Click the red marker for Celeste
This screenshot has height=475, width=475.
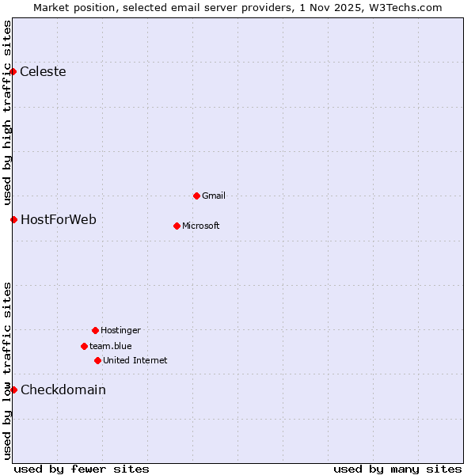coord(13,71)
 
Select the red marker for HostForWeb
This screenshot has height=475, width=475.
coord(13,219)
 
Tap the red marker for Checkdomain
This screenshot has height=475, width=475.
coord(13,389)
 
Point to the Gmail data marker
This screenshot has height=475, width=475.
coord(196,196)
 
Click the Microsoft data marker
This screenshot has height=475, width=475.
coord(177,226)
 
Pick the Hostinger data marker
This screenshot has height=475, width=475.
coord(95,330)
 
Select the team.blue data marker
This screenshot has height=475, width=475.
coord(84,346)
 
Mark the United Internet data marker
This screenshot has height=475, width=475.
coord(97,360)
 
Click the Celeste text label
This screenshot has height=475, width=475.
coord(43,72)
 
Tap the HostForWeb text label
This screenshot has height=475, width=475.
coord(59,219)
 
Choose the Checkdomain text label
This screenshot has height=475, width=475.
coord(63,389)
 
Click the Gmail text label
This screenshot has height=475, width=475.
coord(214,196)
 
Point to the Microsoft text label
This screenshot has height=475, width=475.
coord(201,226)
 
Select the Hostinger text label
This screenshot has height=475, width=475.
coord(120,330)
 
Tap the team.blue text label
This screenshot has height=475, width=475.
coord(111,346)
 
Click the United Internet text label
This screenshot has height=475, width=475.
coord(135,360)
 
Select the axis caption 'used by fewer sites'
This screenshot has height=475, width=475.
coord(82,469)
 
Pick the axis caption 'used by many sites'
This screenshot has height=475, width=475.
coord(397,469)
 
